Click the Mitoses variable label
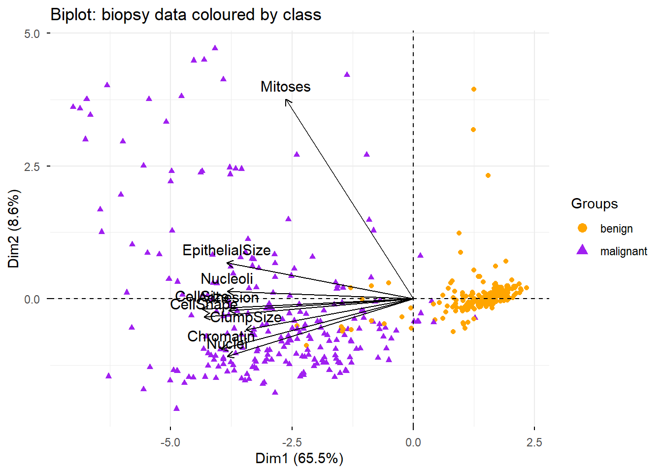286,87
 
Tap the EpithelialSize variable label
227,250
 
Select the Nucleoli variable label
227,279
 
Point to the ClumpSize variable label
246,317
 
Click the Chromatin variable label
221,337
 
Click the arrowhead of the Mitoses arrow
286,100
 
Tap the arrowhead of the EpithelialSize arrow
228,263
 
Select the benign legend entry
616,229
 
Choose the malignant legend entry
623,251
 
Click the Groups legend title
594,203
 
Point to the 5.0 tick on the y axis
32,34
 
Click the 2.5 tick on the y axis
32,167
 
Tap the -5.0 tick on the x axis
170,442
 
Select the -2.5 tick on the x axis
292,442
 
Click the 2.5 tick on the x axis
534,442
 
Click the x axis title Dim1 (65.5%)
299,459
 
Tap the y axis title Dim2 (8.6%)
14,229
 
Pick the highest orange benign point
474,89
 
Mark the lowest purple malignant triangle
176,408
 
